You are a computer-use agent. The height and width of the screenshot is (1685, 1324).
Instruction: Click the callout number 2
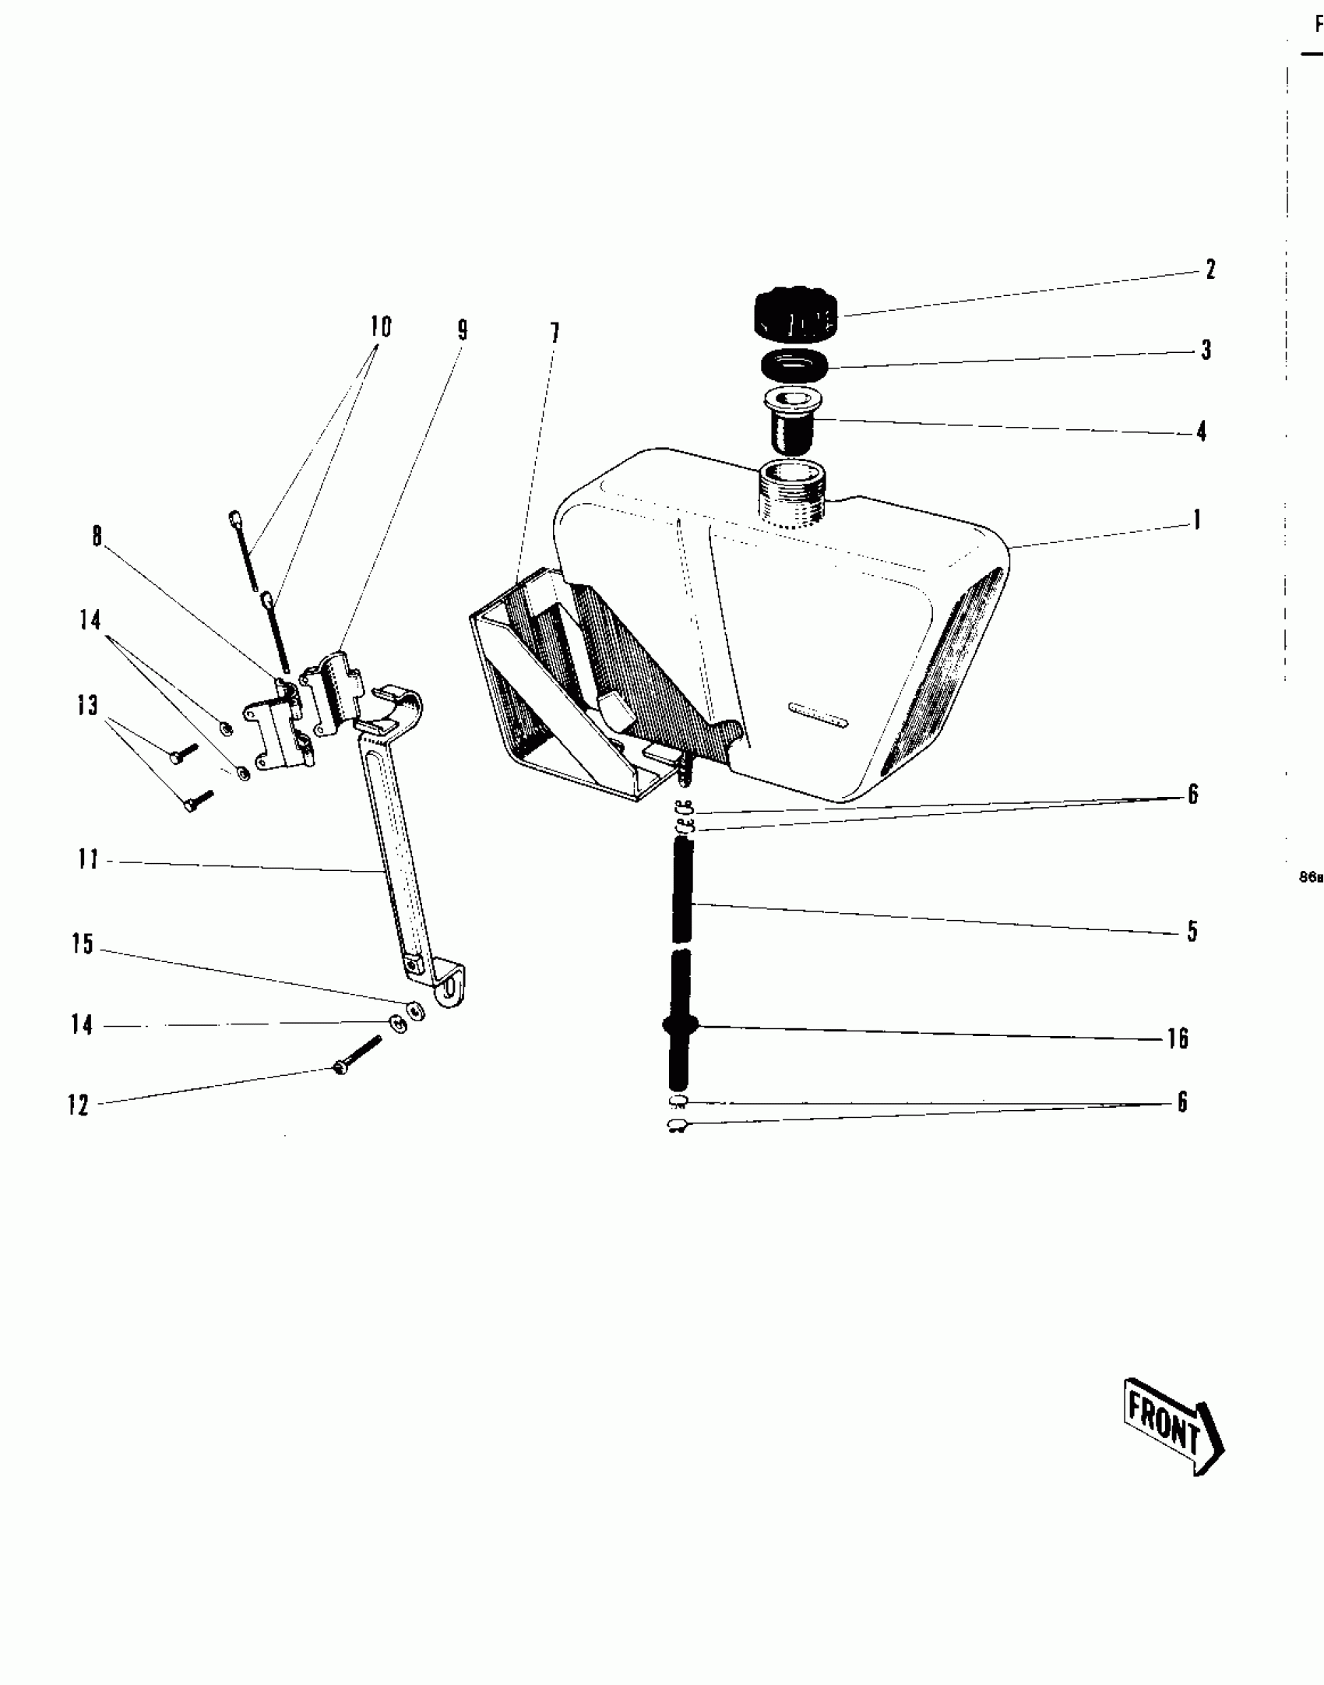pyautogui.click(x=1210, y=270)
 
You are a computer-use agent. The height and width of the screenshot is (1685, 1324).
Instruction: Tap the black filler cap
pyautogui.click(x=795, y=315)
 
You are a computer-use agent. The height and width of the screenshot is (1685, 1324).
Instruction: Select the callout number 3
pyautogui.click(x=1206, y=350)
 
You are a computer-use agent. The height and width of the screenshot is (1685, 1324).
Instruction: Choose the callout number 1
pyautogui.click(x=1197, y=520)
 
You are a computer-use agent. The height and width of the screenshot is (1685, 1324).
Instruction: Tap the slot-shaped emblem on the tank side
pyautogui.click(x=817, y=712)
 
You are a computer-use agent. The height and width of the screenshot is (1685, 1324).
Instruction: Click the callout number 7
pyautogui.click(x=555, y=333)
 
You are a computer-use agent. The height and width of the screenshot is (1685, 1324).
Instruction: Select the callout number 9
pyautogui.click(x=463, y=330)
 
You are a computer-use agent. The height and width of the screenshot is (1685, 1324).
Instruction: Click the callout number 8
pyautogui.click(x=97, y=536)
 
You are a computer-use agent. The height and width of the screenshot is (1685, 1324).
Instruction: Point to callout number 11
pyautogui.click(x=88, y=859)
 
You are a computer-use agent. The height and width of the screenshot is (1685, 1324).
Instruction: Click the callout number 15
pyautogui.click(x=83, y=944)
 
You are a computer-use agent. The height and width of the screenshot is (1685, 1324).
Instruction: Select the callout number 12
pyautogui.click(x=79, y=1105)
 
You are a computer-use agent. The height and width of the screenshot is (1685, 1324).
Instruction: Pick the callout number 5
pyautogui.click(x=1192, y=931)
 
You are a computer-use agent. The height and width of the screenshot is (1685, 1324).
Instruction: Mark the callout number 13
pyautogui.click(x=87, y=705)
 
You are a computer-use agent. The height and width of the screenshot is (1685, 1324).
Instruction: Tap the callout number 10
pyautogui.click(x=381, y=327)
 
